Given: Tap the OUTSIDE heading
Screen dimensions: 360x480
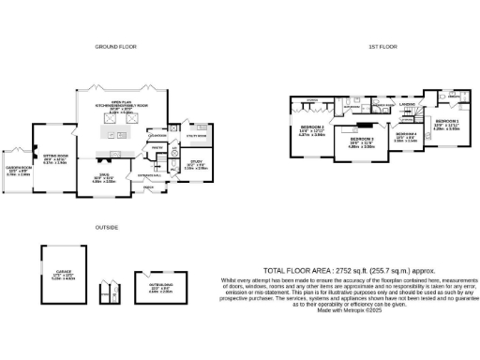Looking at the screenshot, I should [106, 227].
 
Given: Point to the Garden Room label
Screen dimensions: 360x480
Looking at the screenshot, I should [17, 170].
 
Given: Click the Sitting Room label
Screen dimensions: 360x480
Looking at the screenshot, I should [56, 157].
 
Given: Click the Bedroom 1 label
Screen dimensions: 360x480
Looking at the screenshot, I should [446, 121].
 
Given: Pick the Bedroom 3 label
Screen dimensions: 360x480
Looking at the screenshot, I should [362, 138].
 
